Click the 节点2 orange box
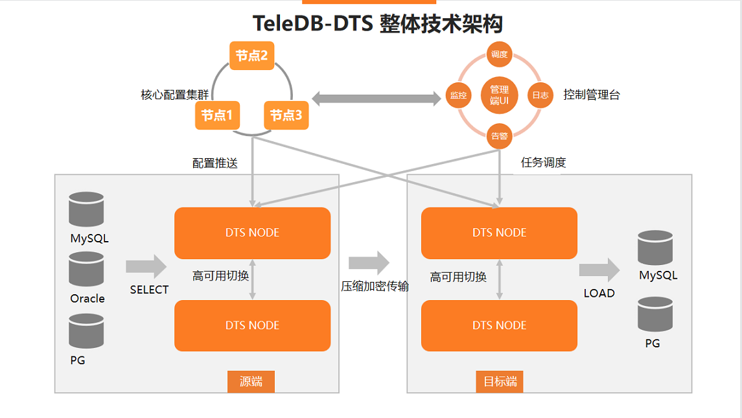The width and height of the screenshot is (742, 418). (251, 56)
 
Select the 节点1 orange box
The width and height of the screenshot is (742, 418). (217, 115)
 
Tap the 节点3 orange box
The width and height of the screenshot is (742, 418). (286, 115)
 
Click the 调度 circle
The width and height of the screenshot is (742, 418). (499, 54)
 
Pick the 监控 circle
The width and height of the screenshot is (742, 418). (458, 95)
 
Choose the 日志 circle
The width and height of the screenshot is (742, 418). (540, 95)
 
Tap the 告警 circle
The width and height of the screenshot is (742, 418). (499, 136)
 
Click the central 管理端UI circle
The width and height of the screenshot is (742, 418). (499, 95)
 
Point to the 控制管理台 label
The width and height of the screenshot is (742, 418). (592, 95)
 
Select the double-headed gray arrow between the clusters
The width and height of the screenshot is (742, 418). (376, 99)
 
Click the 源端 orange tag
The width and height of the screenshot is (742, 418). (251, 382)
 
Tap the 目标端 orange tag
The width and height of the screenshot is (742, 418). (500, 382)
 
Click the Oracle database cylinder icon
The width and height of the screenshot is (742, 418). (87, 269)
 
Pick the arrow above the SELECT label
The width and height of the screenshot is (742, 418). (146, 266)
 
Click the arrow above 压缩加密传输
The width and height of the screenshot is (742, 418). (369, 262)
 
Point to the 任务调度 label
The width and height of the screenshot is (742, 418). (543, 163)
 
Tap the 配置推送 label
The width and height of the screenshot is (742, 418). (215, 163)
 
